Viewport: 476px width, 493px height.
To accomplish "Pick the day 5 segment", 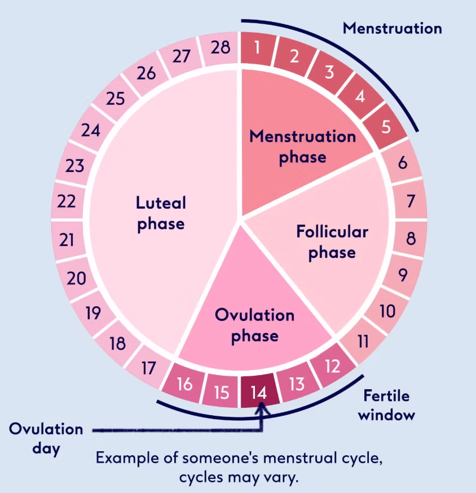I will point(386,126).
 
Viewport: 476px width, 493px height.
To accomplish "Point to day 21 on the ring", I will point(67,240).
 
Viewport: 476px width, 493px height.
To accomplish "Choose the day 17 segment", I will point(148,368).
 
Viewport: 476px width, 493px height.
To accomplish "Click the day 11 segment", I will point(363,341).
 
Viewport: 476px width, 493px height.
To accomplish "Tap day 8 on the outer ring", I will point(411,239).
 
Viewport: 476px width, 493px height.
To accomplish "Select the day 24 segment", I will point(90,131).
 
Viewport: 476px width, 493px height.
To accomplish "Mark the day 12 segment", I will point(333,367).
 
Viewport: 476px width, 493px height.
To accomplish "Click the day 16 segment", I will point(185,385).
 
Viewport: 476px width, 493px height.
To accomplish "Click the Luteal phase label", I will point(161,213).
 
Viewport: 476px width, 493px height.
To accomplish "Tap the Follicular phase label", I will point(332,241).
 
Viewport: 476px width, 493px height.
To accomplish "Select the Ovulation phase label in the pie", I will point(255,325).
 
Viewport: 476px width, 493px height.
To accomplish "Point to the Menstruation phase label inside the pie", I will point(303,146).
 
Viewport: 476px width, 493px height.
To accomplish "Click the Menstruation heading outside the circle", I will point(393,28).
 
